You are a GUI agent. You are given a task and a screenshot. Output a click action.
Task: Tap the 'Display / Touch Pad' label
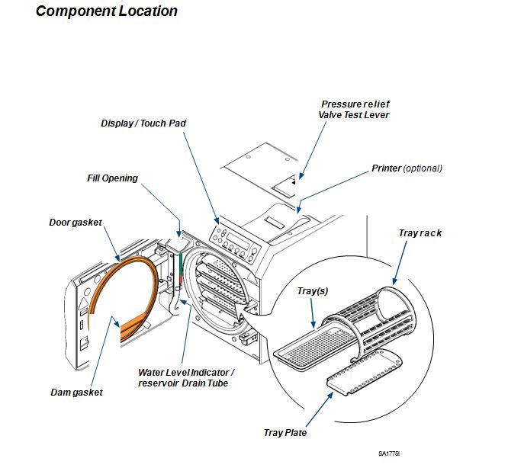click(x=143, y=123)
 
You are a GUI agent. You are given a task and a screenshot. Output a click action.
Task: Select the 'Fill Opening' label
click(x=112, y=178)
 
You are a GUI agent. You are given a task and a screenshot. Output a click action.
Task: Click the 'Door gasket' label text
click(x=76, y=223)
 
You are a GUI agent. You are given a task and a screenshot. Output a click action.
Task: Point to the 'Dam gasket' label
click(x=76, y=392)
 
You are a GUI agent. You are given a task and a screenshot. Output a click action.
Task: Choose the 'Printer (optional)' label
click(x=407, y=168)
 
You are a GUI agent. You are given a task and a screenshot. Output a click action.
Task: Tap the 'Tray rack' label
click(x=420, y=233)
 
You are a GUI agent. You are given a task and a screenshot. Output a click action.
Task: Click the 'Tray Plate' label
click(x=285, y=433)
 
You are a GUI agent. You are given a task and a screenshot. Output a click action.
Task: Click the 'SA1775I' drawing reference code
click(x=391, y=454)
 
